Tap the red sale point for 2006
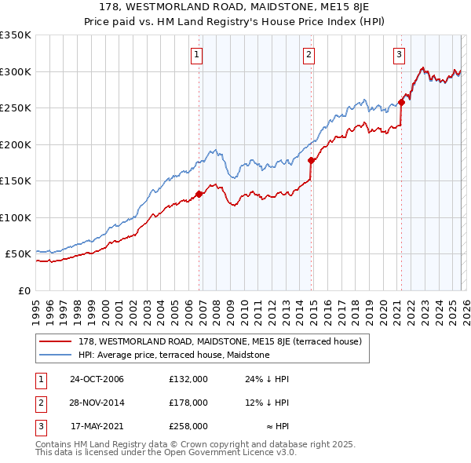[x=199, y=194]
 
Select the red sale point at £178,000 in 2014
[x=312, y=160]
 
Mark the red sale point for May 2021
[x=401, y=101]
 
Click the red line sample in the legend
[x=57, y=342]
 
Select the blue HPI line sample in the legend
[x=57, y=355]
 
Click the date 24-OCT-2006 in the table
[x=97, y=379]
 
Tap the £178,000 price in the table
[x=188, y=403]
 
